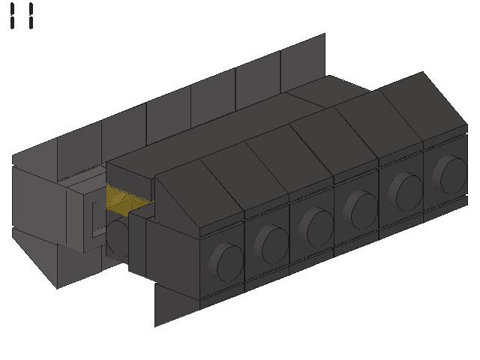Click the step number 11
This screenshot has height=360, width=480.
[22, 16]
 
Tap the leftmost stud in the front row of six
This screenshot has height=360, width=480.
[226, 262]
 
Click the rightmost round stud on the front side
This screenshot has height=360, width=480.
[450, 175]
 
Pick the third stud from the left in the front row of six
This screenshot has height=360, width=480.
[316, 227]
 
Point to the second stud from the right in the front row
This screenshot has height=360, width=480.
[406, 192]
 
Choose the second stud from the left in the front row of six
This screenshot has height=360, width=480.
[271, 244]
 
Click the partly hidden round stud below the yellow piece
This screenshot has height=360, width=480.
[117, 237]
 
